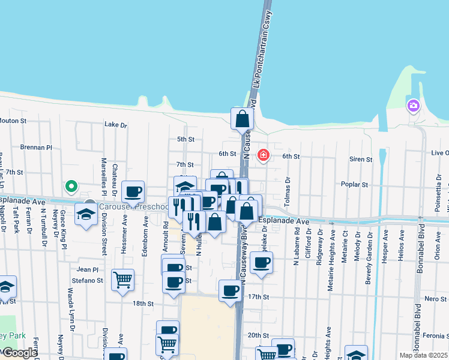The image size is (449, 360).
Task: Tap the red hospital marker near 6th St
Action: coord(263,156)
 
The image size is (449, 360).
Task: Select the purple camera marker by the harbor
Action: coord(413,106)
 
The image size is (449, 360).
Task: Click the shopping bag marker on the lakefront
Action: coord(243,119)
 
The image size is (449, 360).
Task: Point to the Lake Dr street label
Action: coord(116,125)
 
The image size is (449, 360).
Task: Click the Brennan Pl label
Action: coord(36,147)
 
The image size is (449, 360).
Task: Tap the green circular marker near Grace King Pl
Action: coord(71,187)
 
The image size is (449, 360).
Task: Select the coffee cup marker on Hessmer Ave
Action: coord(133,192)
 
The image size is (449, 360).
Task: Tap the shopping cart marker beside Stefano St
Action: coord(122,280)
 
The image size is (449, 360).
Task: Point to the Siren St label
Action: coord(361,160)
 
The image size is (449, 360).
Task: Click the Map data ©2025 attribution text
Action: coord(423,355)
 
